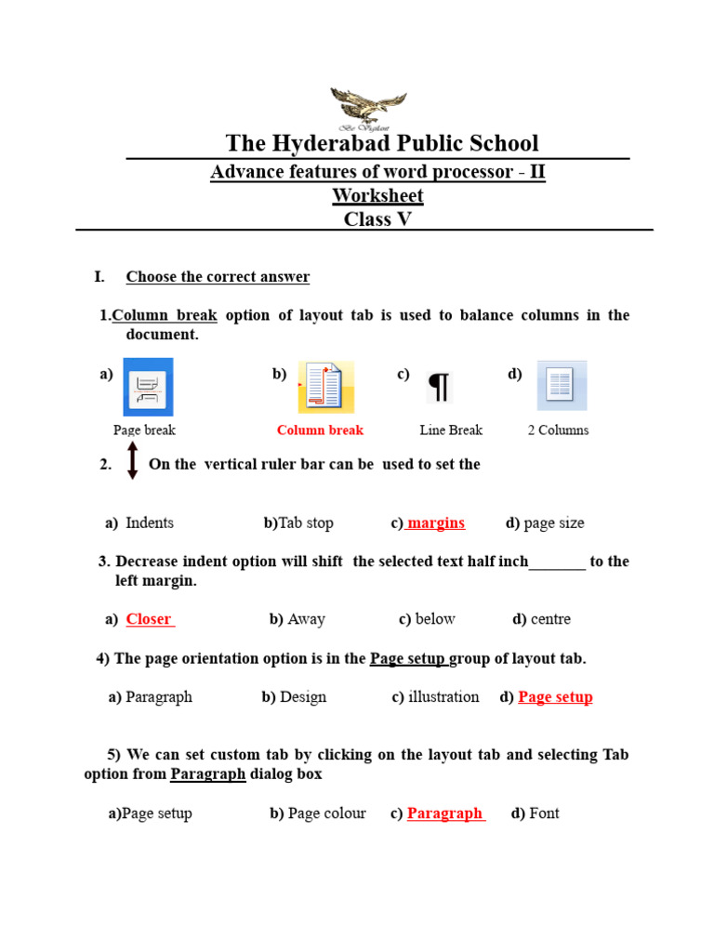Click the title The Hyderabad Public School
coord(381,143)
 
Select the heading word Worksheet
coord(377,195)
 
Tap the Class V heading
coord(377,219)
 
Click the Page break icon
coord(148,387)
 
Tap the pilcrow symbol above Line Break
coord(439,387)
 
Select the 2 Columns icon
coord(561,385)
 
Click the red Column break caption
coord(320,430)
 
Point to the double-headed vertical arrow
coord(132,460)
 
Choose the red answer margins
coord(436,522)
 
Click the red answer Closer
coord(149,619)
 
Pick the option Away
coord(306,619)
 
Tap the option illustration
coord(443,696)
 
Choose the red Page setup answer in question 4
coord(555,697)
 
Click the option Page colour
coord(326,813)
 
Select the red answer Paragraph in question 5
coord(444,813)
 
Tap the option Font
coord(544,813)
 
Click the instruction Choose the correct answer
coord(218,277)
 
